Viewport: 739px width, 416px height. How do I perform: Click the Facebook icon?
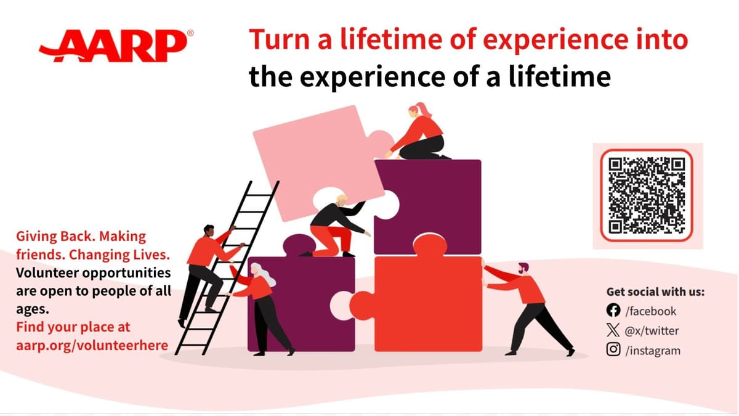613,311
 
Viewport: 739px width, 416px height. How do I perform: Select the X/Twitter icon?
613,330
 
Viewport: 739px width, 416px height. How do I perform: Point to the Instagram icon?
613,350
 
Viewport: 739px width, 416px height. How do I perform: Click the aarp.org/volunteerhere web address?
92,345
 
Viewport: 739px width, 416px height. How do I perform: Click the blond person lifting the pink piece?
333,225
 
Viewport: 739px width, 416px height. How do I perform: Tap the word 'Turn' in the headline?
273,41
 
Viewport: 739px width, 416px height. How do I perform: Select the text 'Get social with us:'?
655,292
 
